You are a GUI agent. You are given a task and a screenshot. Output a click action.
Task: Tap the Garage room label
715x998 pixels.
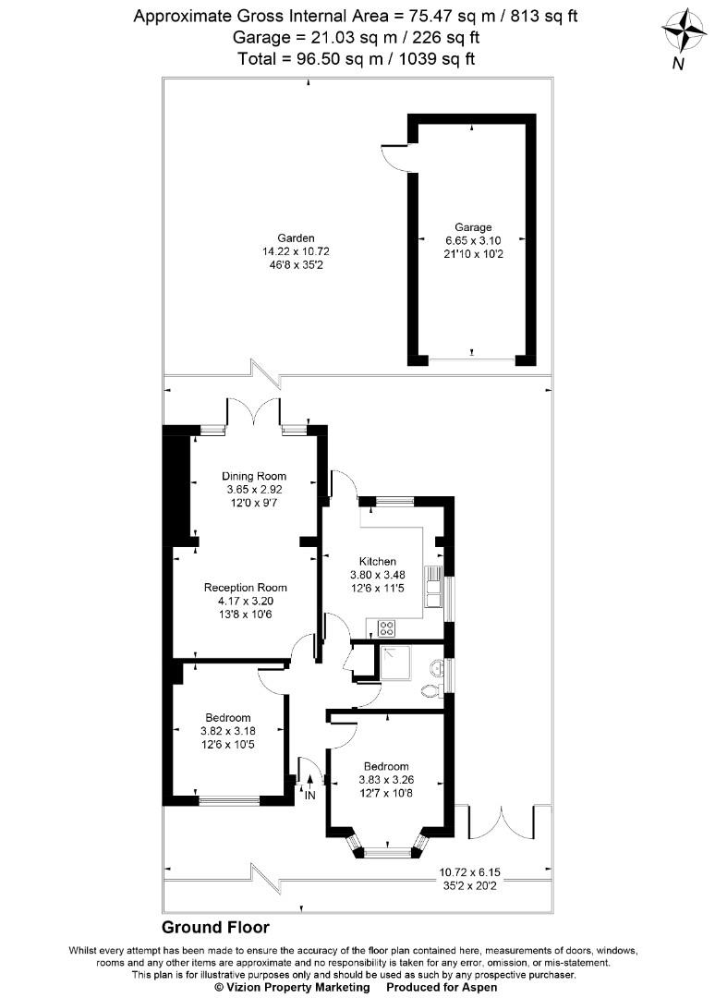click(x=472, y=227)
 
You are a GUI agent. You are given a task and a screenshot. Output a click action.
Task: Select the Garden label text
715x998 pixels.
click(x=275, y=237)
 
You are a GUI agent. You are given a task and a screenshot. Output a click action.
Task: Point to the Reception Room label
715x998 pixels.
click(x=246, y=588)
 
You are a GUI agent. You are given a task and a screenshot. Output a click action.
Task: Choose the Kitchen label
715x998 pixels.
click(x=377, y=561)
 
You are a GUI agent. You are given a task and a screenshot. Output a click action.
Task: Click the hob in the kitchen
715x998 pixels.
click(x=387, y=628)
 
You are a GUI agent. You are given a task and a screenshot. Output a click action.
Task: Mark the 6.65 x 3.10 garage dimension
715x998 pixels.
click(x=472, y=240)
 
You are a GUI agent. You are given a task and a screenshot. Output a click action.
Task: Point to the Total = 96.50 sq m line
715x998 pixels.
click(x=357, y=58)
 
